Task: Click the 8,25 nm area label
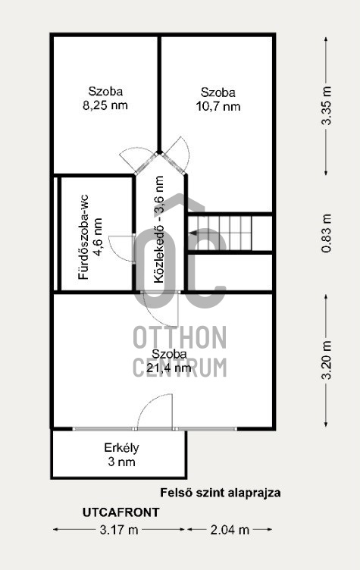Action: pyautogui.click(x=105, y=106)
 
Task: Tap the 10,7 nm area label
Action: pyautogui.click(x=218, y=107)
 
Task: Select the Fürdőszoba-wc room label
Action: pyautogui.click(x=83, y=237)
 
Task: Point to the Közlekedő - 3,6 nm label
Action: pyautogui.click(x=158, y=230)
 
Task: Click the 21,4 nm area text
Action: pyautogui.click(x=169, y=368)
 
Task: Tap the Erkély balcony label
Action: pyautogui.click(x=121, y=448)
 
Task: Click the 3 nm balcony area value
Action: pyautogui.click(x=121, y=462)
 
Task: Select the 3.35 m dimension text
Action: pyautogui.click(x=327, y=105)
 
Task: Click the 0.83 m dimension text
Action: pyautogui.click(x=327, y=233)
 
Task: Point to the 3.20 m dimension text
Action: pyautogui.click(x=327, y=360)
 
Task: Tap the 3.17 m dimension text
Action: pyautogui.click(x=119, y=530)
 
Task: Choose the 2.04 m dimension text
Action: pyautogui.click(x=230, y=530)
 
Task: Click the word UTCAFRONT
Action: pyautogui.click(x=121, y=512)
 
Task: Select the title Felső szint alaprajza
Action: pyautogui.click(x=221, y=493)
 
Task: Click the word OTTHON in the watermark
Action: pyautogui.click(x=180, y=338)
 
